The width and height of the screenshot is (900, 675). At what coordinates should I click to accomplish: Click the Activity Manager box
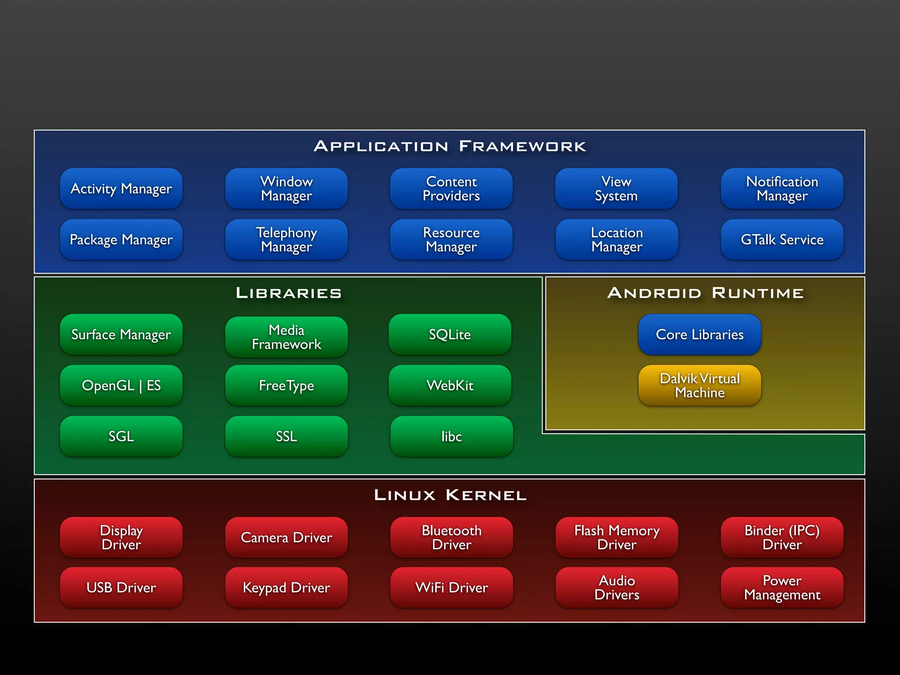[x=121, y=189]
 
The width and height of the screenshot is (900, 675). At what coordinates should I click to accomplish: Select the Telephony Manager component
[x=287, y=240]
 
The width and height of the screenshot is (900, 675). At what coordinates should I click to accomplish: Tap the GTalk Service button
[x=782, y=240]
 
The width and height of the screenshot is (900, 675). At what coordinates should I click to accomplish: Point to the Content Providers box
[x=451, y=189]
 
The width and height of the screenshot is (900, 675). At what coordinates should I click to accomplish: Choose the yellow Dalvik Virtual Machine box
[x=700, y=385]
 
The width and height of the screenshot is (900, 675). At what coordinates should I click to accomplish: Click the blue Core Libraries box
[x=700, y=334]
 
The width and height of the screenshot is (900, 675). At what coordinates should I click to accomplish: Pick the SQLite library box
[x=450, y=334]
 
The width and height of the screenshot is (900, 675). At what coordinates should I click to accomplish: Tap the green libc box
[x=451, y=436]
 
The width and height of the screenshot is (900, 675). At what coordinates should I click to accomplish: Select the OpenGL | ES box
[x=121, y=385]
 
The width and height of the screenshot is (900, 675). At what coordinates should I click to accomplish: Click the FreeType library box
[x=287, y=385]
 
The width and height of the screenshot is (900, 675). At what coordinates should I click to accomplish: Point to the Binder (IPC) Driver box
[x=782, y=537]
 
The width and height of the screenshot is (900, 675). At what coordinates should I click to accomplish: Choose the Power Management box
[x=782, y=588]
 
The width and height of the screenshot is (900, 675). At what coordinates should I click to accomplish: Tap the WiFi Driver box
[x=451, y=588]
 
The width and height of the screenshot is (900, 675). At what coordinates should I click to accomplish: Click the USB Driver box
[x=121, y=588]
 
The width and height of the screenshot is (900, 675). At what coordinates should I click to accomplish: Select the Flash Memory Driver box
[x=617, y=537]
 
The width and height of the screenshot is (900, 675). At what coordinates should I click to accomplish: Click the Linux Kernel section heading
[x=450, y=495]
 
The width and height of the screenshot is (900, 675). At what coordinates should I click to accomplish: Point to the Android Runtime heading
[x=705, y=293]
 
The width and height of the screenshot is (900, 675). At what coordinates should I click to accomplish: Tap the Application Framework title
[x=450, y=146]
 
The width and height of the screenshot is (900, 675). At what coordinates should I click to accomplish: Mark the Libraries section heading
[x=289, y=293]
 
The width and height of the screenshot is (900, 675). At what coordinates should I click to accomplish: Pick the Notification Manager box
[x=782, y=189]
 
